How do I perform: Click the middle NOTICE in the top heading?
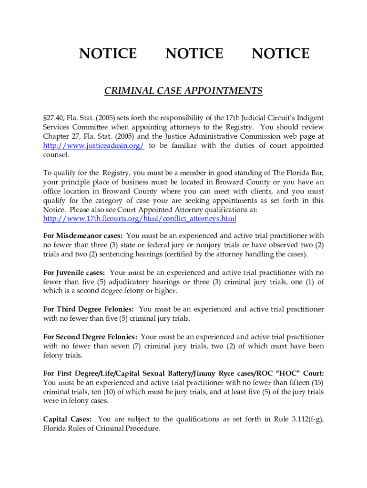pyautogui.click(x=194, y=53)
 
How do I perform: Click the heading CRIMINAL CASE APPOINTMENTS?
pyautogui.click(x=183, y=91)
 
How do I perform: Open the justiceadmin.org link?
pyautogui.click(x=93, y=146)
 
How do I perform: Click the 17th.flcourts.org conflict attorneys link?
pyautogui.click(x=140, y=219)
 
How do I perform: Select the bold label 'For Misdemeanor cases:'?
pyautogui.click(x=83, y=235)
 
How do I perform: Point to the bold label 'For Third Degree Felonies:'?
pyautogui.click(x=88, y=309)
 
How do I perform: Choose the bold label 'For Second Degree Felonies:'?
pyautogui.click(x=91, y=337)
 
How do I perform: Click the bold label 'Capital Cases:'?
pyautogui.click(x=67, y=419)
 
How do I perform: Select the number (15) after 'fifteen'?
pyautogui.click(x=316, y=383)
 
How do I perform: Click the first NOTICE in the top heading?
pyautogui.click(x=108, y=53)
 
